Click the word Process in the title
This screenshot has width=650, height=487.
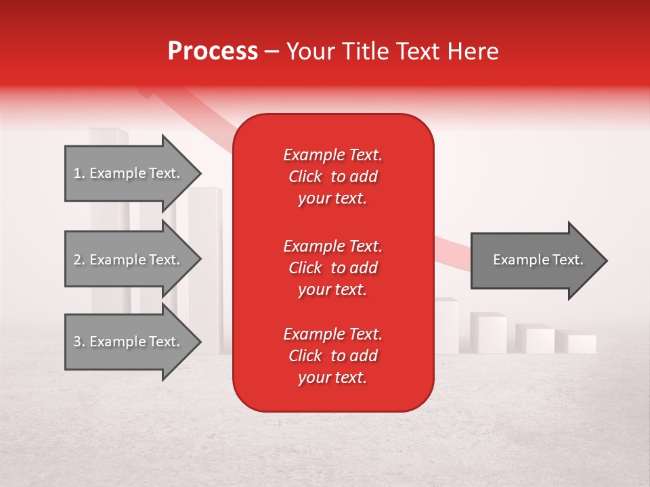tap(213, 51)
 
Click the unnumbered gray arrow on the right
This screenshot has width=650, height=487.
tap(535, 260)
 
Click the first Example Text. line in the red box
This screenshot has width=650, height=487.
tap(332, 155)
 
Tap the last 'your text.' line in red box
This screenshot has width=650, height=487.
tap(332, 377)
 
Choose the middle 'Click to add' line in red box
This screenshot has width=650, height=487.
tap(332, 268)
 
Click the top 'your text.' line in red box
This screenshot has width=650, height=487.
tap(332, 198)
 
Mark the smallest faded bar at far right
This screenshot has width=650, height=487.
tap(582, 344)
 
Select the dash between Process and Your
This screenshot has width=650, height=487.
tap(272, 51)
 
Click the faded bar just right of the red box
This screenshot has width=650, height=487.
tap(447, 325)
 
